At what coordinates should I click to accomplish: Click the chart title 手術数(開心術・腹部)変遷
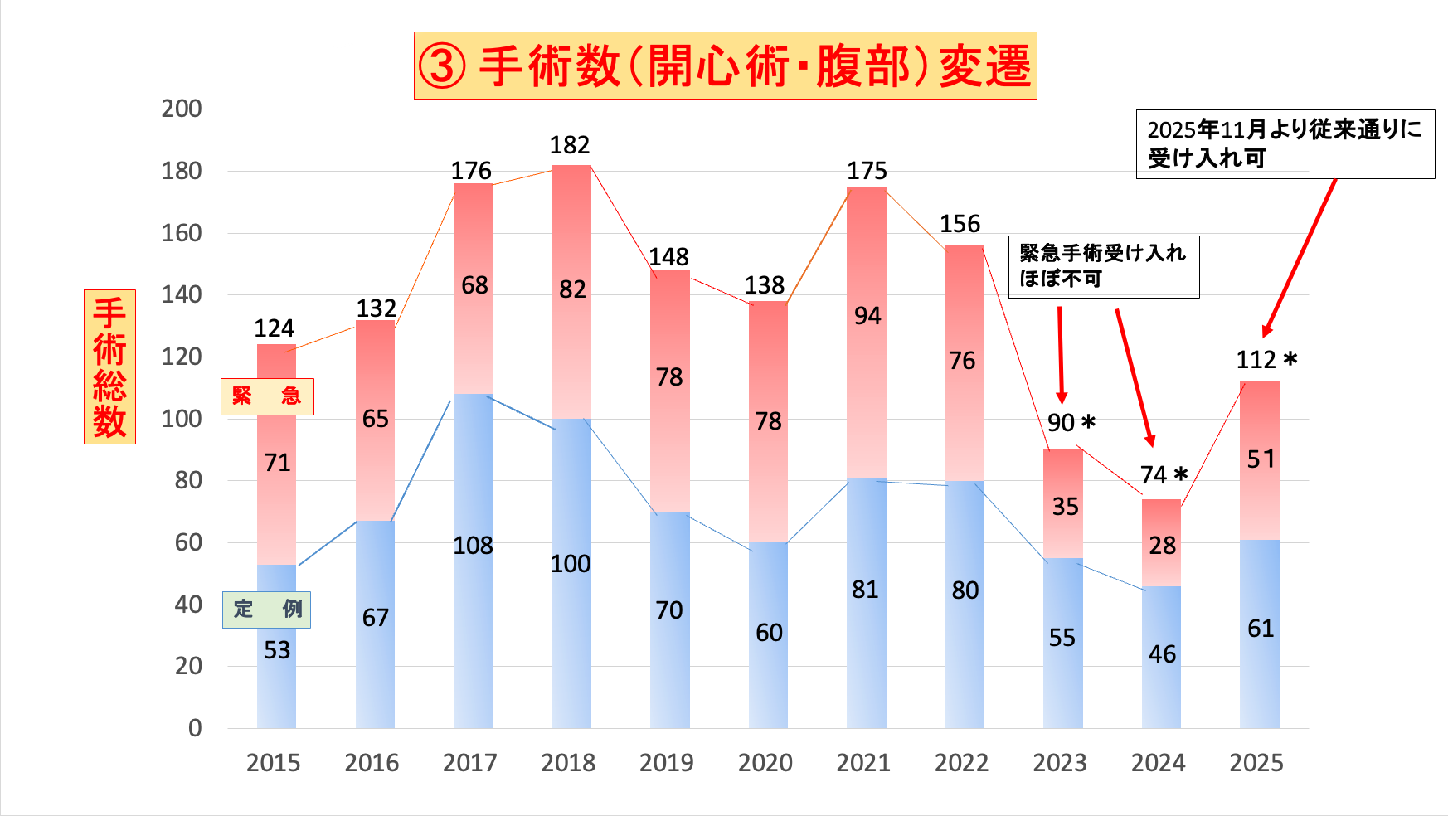(x=725, y=66)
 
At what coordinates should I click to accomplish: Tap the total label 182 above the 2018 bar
(x=570, y=145)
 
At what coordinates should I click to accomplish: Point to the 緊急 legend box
(x=267, y=396)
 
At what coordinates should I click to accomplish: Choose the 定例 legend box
(x=266, y=610)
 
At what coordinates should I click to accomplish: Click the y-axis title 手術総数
(x=109, y=367)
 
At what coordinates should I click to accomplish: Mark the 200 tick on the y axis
(x=182, y=109)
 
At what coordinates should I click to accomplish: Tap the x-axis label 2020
(x=765, y=763)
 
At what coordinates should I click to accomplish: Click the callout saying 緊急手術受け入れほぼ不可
(x=1103, y=266)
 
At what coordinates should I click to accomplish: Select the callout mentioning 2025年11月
(x=1285, y=144)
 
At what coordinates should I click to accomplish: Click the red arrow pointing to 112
(x=1299, y=257)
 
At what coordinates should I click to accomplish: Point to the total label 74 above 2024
(x=1154, y=475)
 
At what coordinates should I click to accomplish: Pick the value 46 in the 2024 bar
(x=1162, y=654)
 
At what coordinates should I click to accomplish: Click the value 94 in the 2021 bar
(x=867, y=316)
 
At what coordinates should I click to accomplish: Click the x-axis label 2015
(x=273, y=763)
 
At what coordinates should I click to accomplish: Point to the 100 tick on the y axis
(x=182, y=419)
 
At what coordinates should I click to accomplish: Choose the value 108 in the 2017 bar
(x=473, y=546)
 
